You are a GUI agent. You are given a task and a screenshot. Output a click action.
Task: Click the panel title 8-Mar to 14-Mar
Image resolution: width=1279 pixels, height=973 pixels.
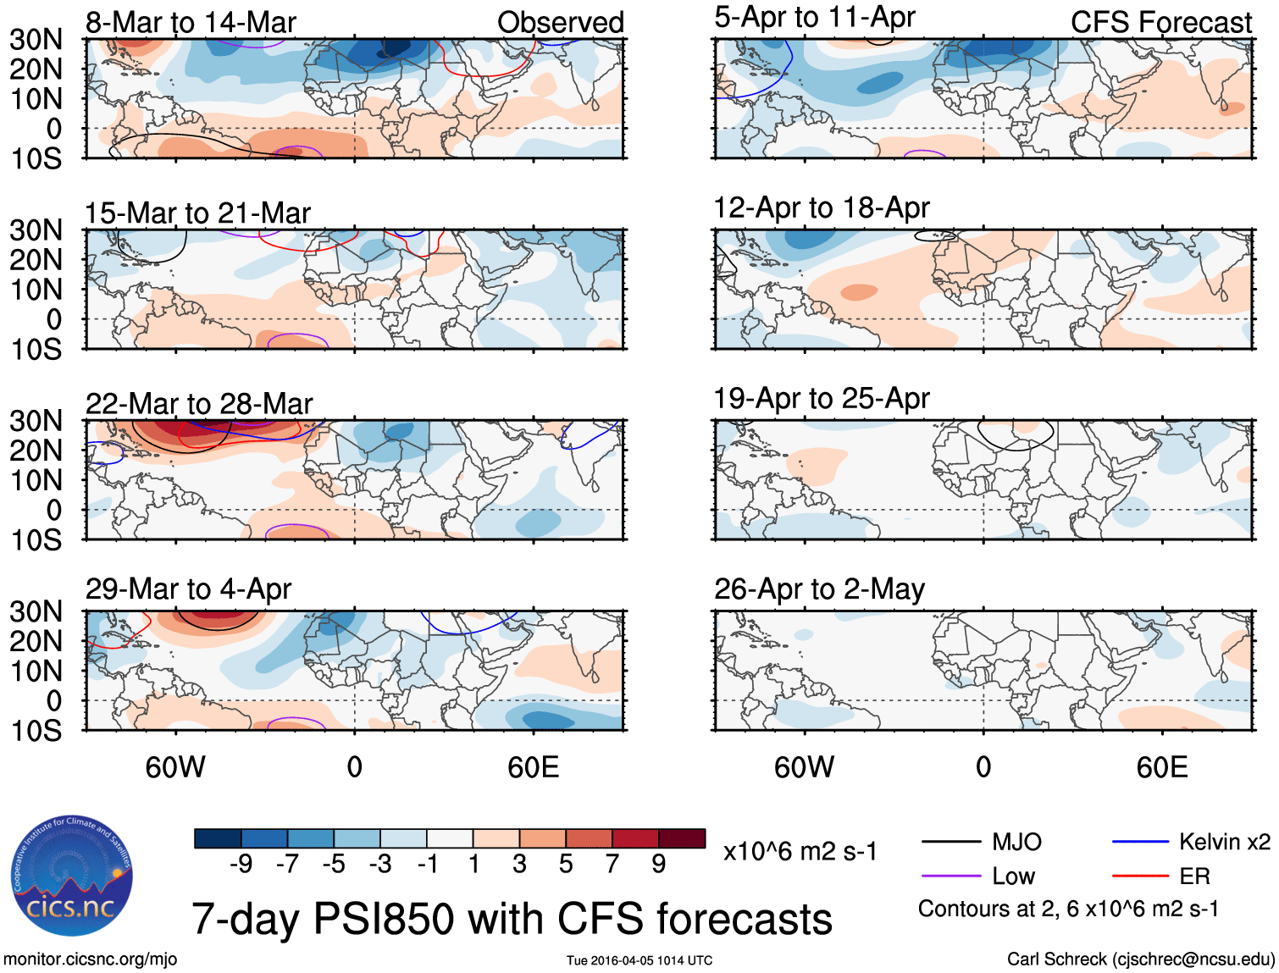[x=191, y=22]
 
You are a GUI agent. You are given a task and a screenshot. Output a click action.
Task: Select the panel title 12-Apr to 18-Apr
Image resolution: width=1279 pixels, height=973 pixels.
[x=821, y=207]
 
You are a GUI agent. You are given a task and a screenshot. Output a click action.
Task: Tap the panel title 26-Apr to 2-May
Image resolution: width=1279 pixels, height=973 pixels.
[x=818, y=589]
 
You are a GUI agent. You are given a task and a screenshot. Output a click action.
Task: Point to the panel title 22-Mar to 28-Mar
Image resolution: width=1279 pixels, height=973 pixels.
[x=198, y=403]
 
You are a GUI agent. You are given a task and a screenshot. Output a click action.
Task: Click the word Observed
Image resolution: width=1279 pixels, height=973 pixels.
[x=560, y=22]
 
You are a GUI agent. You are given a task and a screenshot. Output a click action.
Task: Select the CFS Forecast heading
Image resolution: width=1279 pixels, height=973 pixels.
[x=1160, y=22]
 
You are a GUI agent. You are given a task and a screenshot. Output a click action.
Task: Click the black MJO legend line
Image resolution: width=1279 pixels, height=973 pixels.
[x=950, y=842]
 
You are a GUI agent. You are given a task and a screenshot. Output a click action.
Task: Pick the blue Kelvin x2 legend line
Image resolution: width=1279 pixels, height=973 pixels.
[x=1140, y=842]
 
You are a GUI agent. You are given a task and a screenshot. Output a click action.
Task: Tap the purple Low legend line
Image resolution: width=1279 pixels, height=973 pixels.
[x=950, y=876]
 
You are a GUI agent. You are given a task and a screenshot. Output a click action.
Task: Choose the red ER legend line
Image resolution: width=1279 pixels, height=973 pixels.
[x=1140, y=876]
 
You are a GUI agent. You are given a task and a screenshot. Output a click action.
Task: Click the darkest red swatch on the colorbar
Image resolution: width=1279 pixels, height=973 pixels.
[x=681, y=838]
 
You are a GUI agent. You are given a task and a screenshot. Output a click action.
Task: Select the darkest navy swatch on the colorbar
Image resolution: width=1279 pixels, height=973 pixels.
[x=218, y=838]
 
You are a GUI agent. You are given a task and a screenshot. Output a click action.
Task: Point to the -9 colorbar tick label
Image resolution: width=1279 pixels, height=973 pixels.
[x=241, y=864]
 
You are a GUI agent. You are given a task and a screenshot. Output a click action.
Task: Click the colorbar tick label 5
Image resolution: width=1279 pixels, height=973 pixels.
[x=565, y=864]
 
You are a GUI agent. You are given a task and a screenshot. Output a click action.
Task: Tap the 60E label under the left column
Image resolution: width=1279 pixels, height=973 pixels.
[x=533, y=767]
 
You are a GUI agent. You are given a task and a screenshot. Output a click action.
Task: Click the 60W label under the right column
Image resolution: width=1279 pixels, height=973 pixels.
[x=804, y=767]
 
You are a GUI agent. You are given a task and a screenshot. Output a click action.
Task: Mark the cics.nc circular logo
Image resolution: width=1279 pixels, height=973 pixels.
[x=72, y=876]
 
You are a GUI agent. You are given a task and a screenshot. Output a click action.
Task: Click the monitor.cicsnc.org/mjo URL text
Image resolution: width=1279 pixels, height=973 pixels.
[x=90, y=959]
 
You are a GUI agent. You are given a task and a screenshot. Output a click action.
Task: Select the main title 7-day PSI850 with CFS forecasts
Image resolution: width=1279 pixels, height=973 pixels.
[x=512, y=919]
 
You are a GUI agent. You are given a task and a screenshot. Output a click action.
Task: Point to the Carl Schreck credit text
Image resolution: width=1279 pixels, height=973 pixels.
[x=1140, y=959]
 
